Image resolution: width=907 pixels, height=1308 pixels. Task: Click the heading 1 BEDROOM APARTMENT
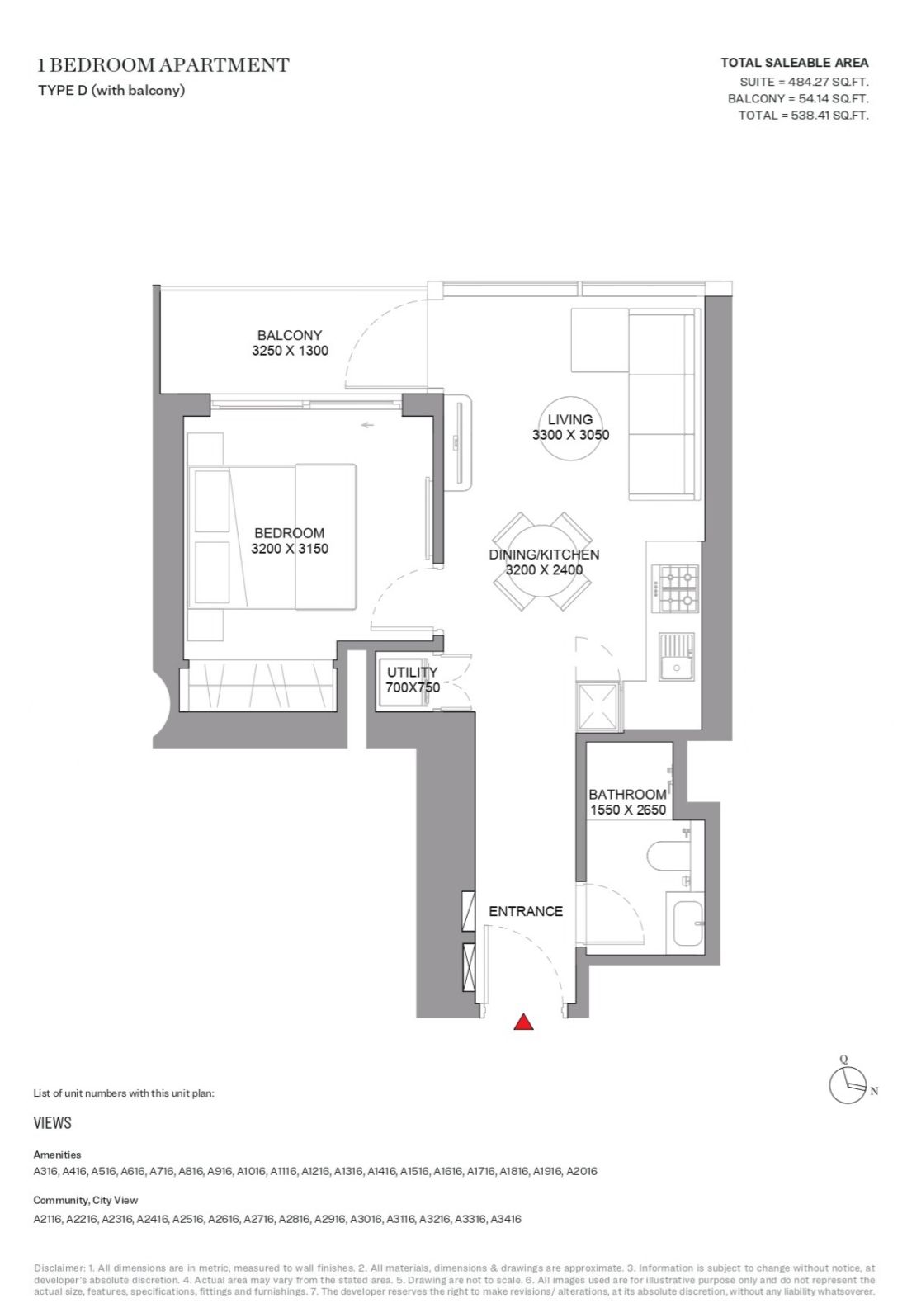(163, 65)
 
